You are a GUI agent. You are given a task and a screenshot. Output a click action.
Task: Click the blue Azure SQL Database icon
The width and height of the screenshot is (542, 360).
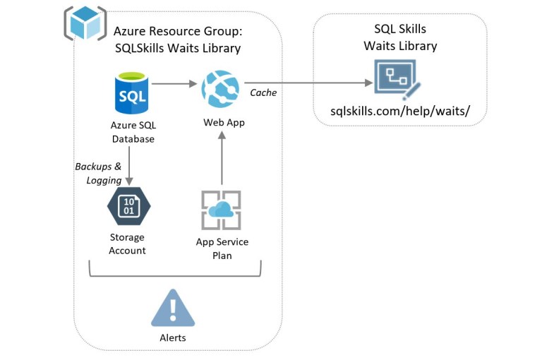tap(133, 95)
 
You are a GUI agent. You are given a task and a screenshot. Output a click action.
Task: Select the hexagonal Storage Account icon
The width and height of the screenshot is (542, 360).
tap(128, 205)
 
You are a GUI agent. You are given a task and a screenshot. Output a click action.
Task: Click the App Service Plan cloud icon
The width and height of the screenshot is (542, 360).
tap(222, 210)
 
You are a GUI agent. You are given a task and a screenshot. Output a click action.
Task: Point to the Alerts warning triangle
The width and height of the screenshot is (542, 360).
tap(172, 309)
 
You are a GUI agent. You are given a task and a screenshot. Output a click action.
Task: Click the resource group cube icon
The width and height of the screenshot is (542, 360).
tap(85, 23)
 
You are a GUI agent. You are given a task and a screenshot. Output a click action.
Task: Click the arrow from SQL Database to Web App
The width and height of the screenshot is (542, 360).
tap(174, 84)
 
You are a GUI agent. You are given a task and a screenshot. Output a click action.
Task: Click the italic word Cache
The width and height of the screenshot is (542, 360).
tap(263, 92)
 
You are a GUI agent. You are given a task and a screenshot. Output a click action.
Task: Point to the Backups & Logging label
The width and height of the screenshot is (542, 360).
tap(98, 173)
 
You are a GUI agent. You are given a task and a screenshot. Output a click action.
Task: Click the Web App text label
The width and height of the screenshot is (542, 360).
tap(224, 122)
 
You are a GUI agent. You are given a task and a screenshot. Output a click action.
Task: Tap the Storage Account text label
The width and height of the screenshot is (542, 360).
tap(128, 244)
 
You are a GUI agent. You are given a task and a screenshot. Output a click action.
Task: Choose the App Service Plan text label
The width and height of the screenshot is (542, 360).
tap(222, 248)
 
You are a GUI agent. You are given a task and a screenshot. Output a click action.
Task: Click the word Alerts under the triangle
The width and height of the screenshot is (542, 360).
tap(172, 337)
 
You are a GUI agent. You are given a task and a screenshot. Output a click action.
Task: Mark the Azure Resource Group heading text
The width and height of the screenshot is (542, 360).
tap(177, 40)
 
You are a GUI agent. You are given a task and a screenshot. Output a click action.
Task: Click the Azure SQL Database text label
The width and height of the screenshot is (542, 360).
tap(133, 132)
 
